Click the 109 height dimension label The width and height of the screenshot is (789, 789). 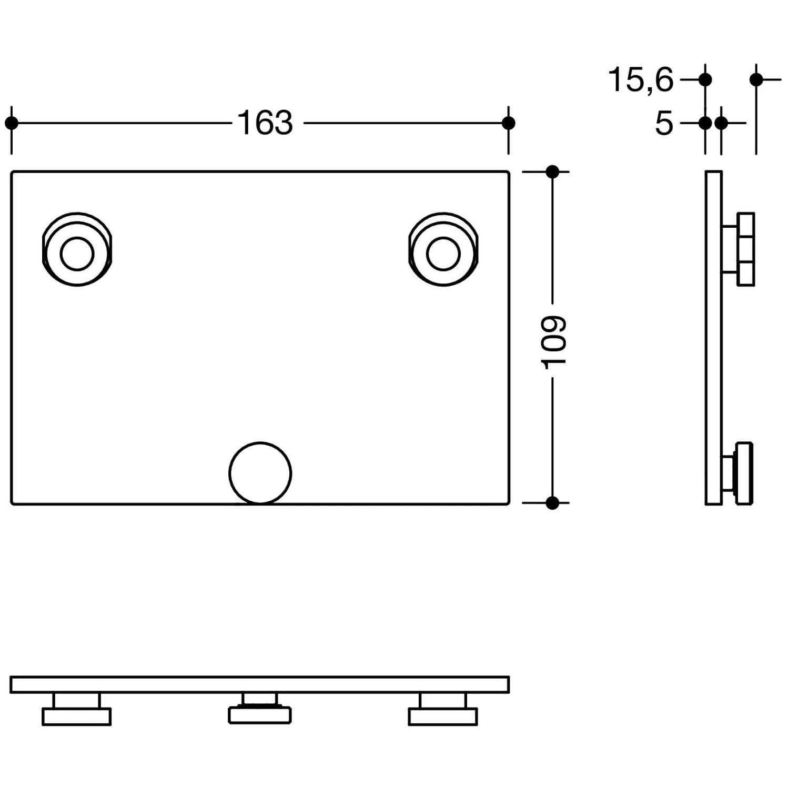click(553, 342)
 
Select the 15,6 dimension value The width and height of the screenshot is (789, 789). click(641, 80)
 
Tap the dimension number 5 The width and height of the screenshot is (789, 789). click(664, 124)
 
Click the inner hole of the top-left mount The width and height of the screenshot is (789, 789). click(77, 254)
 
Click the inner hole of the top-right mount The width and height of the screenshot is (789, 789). click(443, 254)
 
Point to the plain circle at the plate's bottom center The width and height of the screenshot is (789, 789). click(260, 473)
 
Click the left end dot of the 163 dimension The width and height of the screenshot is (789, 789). click(11, 123)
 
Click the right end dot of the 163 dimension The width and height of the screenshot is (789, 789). click(508, 123)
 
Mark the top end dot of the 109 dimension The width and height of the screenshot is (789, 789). click(552, 171)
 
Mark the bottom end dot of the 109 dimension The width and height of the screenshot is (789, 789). click(552, 503)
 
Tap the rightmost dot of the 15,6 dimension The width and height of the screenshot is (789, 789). click(756, 80)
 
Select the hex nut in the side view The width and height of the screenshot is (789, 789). click(746, 249)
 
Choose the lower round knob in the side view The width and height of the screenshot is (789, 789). click(744, 474)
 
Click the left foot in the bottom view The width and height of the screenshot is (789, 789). click(76, 717)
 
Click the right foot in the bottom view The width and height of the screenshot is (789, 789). click(443, 717)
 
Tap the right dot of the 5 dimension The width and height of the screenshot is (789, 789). click(721, 124)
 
